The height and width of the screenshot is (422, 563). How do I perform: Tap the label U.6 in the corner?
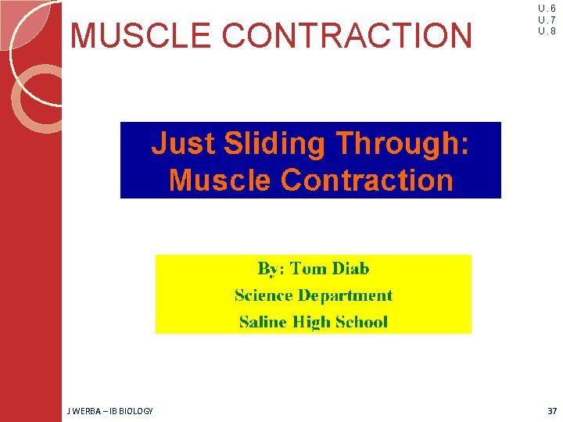click(x=547, y=9)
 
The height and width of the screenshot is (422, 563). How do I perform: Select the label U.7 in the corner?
click(x=547, y=20)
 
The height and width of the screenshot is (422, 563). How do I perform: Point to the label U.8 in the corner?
click(x=547, y=31)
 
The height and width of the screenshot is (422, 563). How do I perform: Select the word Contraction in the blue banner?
click(x=366, y=180)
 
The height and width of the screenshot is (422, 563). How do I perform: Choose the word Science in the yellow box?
click(x=264, y=295)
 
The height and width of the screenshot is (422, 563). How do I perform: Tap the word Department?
click(x=345, y=295)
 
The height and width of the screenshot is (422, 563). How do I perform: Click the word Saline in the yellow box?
click(x=262, y=322)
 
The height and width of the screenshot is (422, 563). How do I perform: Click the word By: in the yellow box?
click(x=271, y=269)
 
